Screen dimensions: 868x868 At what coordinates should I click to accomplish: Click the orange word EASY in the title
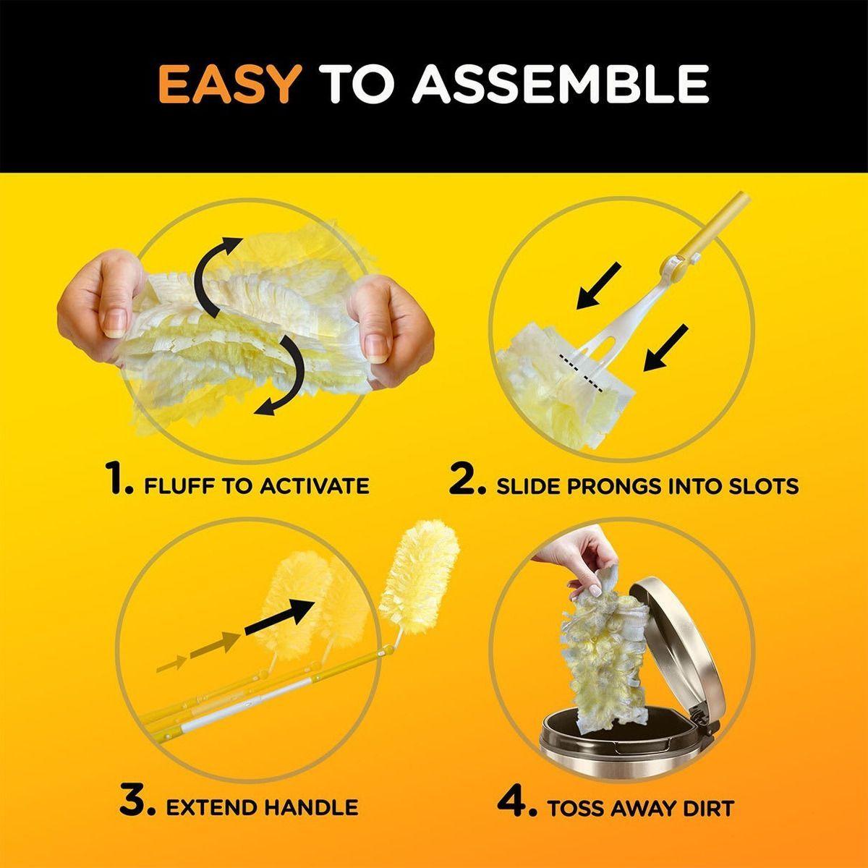click(229, 84)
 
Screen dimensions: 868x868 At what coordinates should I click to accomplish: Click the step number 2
click(467, 482)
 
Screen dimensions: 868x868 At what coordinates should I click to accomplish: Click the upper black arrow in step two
click(598, 286)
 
